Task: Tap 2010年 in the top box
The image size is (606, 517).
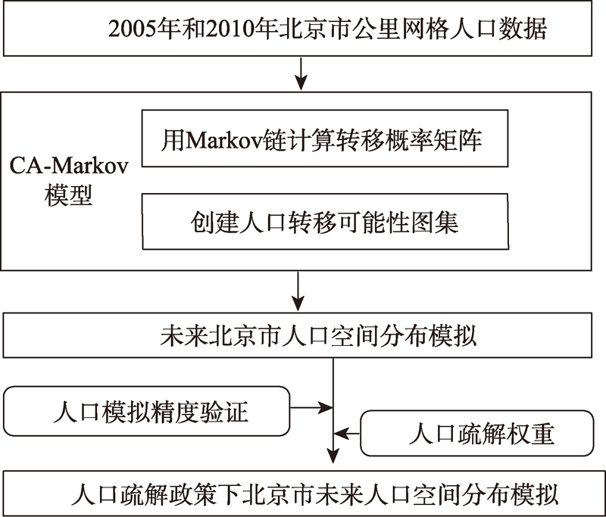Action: click(x=230, y=31)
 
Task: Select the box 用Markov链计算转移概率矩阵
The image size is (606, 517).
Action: click(x=323, y=141)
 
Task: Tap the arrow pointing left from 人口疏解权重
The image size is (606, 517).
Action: click(x=348, y=434)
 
